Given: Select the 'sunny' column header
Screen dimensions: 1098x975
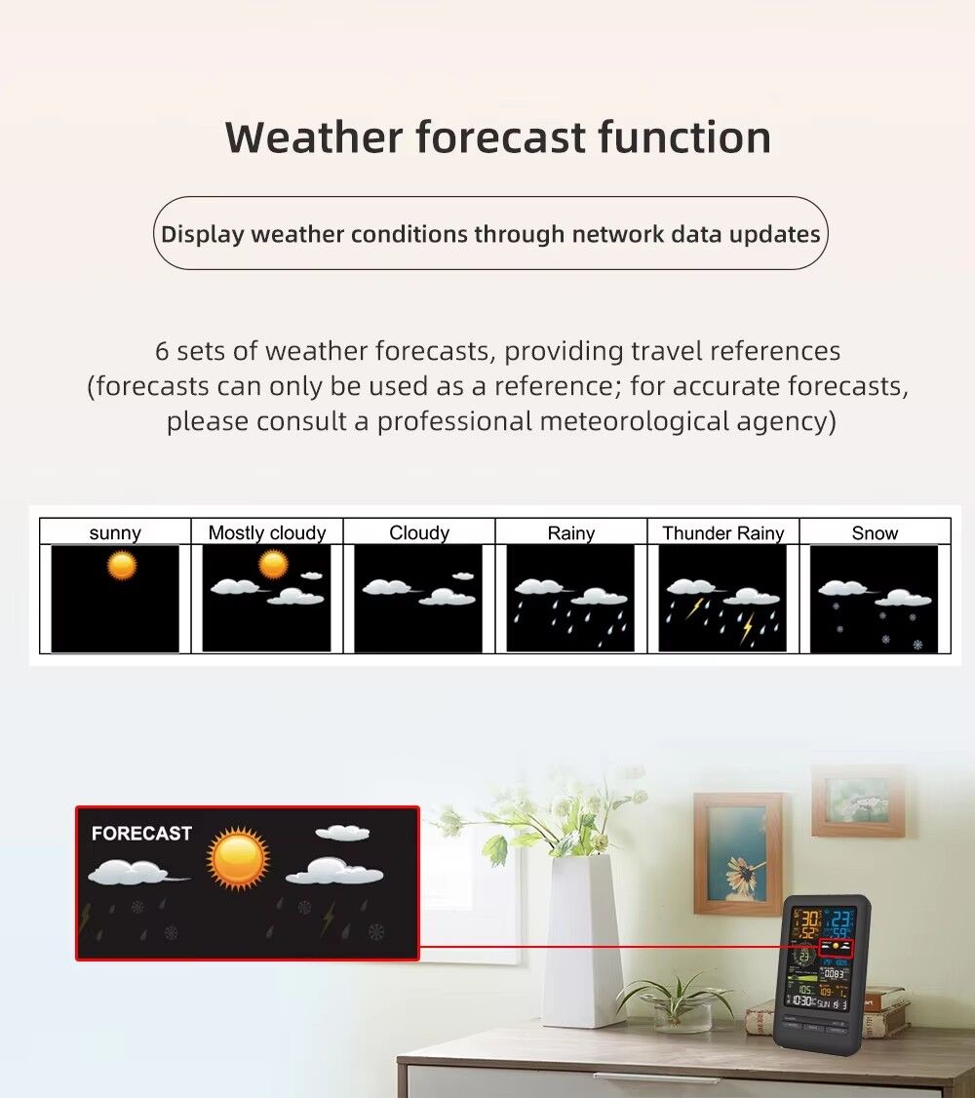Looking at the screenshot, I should [x=115, y=533].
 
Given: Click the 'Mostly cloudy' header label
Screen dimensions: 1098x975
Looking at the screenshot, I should [x=267, y=533].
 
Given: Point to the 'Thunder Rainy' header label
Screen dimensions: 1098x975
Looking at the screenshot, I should [x=722, y=533].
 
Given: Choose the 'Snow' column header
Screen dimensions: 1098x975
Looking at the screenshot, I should [x=875, y=533].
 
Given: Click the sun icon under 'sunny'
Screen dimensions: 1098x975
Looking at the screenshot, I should [x=122, y=566].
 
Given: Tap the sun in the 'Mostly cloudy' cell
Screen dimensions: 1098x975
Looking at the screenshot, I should [x=273, y=564].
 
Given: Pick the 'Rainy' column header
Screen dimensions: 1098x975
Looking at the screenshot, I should [x=570, y=533].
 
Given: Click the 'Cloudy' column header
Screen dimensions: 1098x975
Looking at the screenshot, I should [x=419, y=533].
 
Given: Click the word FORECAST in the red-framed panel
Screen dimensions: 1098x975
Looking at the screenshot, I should [x=141, y=834].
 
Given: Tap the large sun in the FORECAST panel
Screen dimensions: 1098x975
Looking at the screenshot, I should [x=237, y=858].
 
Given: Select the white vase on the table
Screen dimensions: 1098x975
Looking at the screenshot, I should [x=582, y=936].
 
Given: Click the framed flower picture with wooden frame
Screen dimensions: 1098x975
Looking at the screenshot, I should [x=738, y=853].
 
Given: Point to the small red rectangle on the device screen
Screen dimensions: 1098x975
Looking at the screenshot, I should [x=836, y=947].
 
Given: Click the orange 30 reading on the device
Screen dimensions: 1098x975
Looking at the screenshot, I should [x=808, y=919].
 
